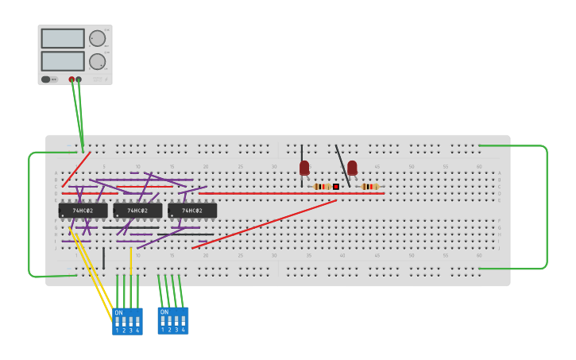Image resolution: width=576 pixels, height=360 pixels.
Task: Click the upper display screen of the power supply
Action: [63, 38]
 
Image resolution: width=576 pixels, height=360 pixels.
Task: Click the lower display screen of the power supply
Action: [63, 61]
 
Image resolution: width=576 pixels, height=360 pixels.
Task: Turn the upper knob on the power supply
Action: [97, 38]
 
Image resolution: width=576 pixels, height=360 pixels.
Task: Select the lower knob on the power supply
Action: [97, 61]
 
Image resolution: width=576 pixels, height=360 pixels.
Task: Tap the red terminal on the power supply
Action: [72, 79]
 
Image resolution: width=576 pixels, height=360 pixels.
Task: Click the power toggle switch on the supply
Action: [46, 79]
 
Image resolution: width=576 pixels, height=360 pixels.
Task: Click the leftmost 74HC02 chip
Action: [83, 211]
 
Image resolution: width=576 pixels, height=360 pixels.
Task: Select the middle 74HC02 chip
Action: [137, 211]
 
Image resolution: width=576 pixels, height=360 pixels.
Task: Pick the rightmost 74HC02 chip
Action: [192, 211]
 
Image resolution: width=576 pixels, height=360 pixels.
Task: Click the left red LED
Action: [304, 167]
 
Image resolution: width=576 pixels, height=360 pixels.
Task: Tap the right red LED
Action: [352, 167]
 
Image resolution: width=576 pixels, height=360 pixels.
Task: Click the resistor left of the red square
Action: [321, 187]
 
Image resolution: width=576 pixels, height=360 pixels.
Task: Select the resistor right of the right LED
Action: [369, 187]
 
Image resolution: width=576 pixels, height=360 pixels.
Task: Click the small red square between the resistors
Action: [336, 187]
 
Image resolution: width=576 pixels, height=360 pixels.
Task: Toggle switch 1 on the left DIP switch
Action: [117, 322]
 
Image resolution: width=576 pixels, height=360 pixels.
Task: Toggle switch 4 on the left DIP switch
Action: [137, 322]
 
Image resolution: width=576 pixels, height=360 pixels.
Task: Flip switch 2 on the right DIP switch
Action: [169, 321]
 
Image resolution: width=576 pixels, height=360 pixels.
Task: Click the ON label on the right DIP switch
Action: [164, 312]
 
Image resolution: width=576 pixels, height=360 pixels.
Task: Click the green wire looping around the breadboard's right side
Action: [547, 207]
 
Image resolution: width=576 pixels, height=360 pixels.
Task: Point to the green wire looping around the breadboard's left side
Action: [29, 215]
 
